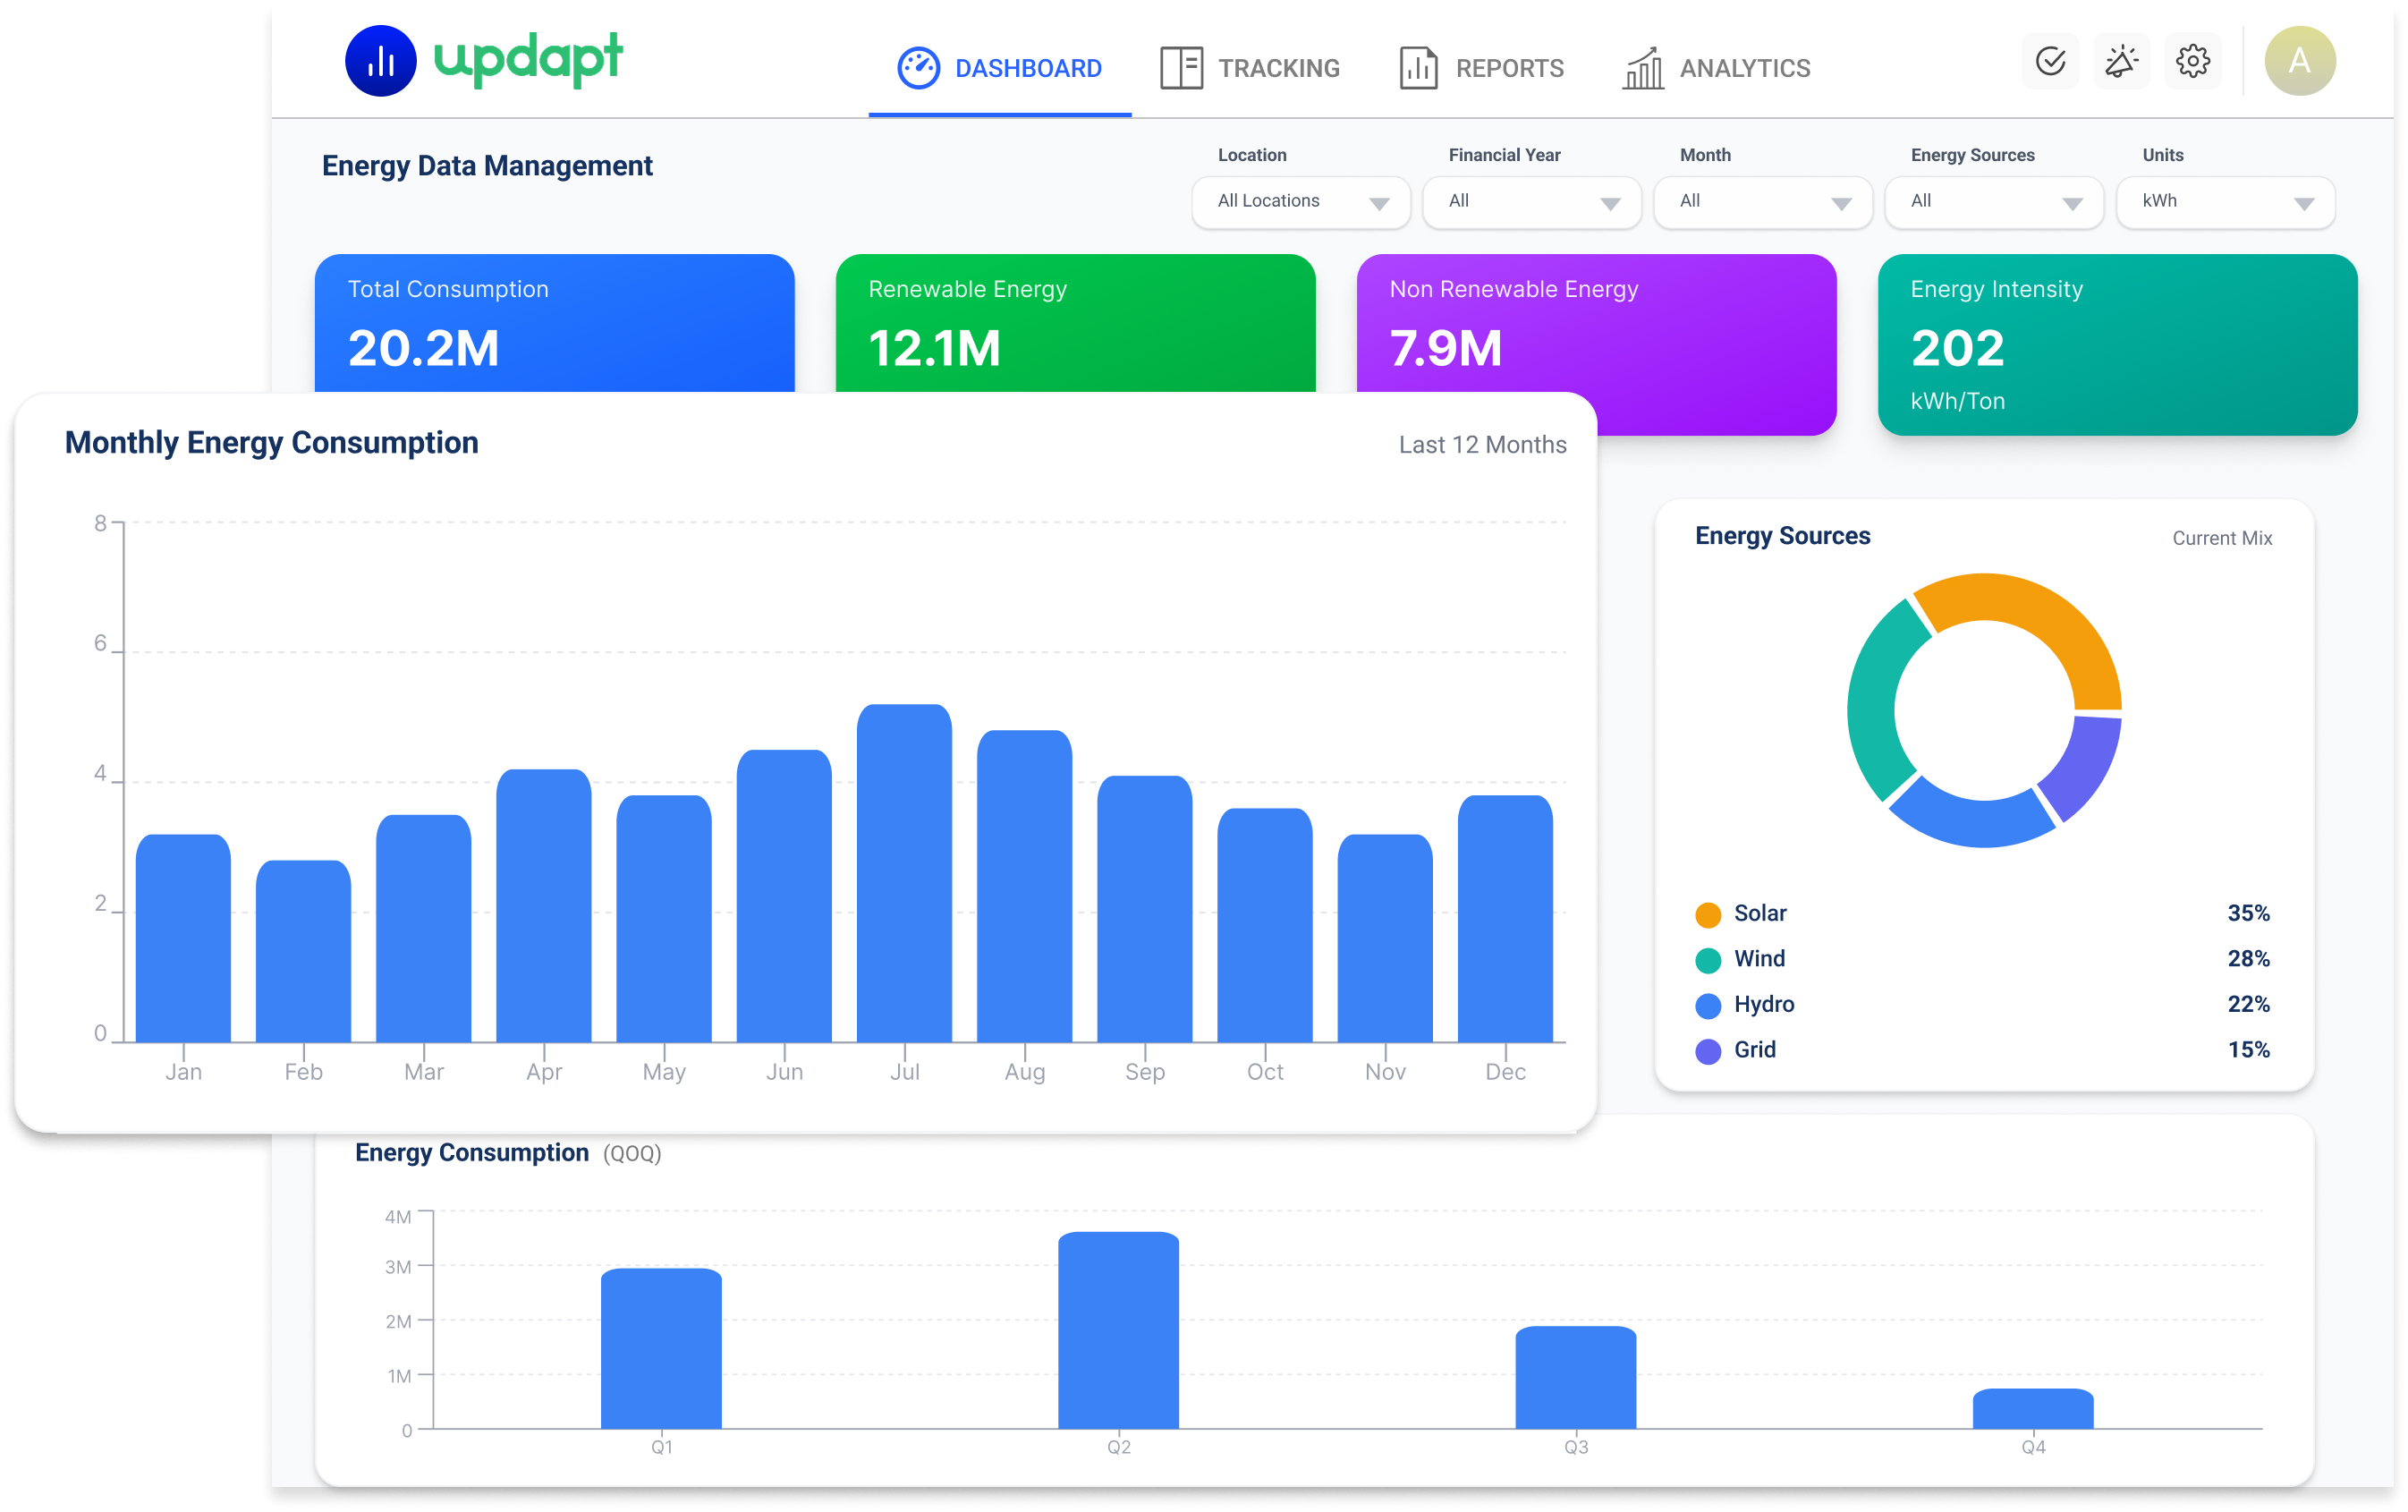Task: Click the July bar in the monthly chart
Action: (903, 873)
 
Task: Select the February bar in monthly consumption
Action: (303, 951)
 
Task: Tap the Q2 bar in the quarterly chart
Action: (1117, 1330)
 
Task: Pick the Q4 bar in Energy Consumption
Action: (2032, 1409)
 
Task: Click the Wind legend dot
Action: (1708, 960)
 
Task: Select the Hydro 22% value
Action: (2248, 1004)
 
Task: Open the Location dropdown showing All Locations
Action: (1301, 202)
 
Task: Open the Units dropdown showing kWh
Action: (2226, 202)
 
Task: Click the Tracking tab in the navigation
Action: (1250, 68)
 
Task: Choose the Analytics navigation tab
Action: (1716, 68)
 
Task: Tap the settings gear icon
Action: (2192, 61)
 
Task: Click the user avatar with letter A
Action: (2299, 61)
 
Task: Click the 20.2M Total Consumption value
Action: (423, 348)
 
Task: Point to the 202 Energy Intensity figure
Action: (1957, 348)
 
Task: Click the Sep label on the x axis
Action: (1145, 1072)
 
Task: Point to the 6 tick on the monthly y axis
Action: (100, 643)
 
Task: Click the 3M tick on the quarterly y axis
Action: (398, 1267)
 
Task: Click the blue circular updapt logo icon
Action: (380, 61)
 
